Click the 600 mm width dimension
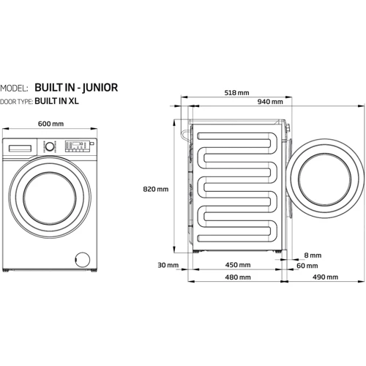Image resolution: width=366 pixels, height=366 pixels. [51, 124]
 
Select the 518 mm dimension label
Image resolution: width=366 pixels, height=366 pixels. [236, 93]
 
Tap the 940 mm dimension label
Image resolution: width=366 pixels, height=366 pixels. [270, 102]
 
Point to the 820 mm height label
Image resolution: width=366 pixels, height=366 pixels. [156, 189]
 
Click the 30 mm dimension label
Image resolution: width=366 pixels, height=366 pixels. [168, 265]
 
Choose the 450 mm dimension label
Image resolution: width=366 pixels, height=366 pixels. [238, 265]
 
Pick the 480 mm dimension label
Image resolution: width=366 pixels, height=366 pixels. [238, 277]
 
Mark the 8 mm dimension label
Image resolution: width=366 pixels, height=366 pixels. [313, 255]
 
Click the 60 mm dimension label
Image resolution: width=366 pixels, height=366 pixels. [307, 266]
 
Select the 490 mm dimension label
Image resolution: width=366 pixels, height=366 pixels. [325, 277]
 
